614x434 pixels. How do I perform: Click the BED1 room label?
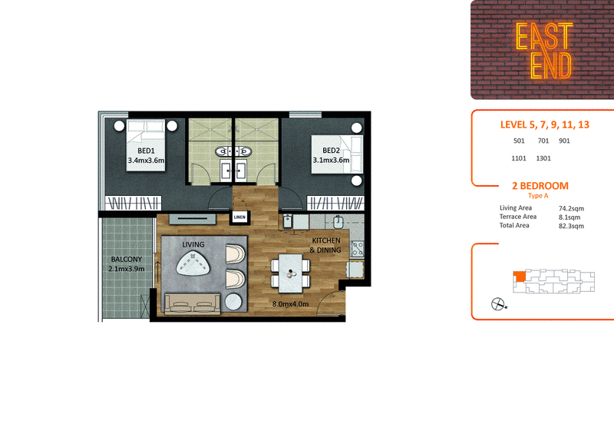[146, 151]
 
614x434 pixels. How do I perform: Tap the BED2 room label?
[331, 150]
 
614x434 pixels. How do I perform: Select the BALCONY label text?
[127, 259]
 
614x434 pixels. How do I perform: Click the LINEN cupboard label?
[239, 217]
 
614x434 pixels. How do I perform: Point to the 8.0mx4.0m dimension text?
[291, 304]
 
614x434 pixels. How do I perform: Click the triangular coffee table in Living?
[193, 263]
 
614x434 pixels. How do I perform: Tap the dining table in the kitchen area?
[291, 273]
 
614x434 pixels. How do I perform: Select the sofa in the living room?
[192, 304]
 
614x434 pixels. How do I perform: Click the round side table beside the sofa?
[233, 303]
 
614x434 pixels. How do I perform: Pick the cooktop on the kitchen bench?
[358, 249]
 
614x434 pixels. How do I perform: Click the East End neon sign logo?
[544, 51]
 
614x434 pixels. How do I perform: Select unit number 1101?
[519, 158]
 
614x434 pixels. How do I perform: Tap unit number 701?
[543, 141]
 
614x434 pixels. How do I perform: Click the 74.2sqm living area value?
[571, 209]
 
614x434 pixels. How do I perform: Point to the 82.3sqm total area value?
[571, 226]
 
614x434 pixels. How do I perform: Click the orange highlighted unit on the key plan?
[520, 277]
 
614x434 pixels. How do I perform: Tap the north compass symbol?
[497, 304]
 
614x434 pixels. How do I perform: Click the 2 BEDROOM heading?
[540, 186]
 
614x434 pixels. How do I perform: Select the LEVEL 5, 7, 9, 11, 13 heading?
[545, 124]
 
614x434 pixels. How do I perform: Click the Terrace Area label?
[517, 217]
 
